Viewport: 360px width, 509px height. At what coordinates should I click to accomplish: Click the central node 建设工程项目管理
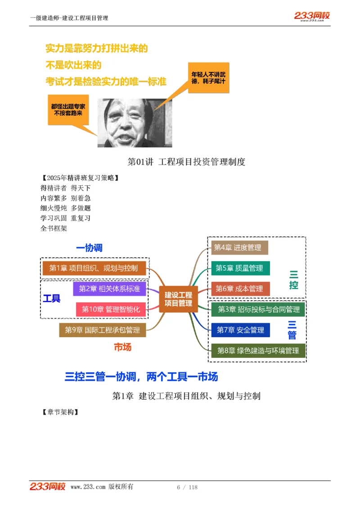tap(178, 299)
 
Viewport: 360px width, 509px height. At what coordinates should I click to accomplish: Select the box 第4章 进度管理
tap(239, 247)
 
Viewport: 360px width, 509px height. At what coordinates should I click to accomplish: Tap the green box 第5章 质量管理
tap(240, 268)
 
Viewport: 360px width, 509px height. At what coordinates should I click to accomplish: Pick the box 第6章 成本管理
tap(240, 289)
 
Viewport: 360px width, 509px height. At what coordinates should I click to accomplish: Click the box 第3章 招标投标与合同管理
tap(258, 309)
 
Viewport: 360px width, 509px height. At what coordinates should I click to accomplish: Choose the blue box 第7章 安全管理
tap(240, 330)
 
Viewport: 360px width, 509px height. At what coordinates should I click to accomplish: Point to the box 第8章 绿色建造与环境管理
tap(258, 350)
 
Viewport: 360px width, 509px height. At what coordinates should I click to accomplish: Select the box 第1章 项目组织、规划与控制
tap(94, 268)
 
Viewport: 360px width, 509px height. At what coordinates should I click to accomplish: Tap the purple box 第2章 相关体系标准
tap(109, 289)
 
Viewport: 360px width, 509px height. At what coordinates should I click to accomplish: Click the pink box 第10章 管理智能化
tap(110, 309)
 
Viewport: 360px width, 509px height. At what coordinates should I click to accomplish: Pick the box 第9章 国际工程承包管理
tap(102, 330)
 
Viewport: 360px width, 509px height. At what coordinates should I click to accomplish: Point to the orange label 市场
tap(122, 347)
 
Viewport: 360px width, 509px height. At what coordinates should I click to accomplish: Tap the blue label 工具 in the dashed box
tap(52, 299)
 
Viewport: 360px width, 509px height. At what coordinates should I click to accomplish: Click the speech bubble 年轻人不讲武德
tap(208, 77)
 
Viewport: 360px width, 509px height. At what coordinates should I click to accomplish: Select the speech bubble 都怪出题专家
tap(68, 110)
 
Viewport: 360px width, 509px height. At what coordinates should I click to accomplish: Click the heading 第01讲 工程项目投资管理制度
tap(186, 162)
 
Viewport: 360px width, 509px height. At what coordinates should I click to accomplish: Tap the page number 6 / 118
tap(187, 487)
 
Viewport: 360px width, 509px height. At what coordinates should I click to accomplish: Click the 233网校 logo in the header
tap(312, 16)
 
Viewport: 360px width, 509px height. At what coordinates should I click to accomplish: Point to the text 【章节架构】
tap(59, 412)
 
